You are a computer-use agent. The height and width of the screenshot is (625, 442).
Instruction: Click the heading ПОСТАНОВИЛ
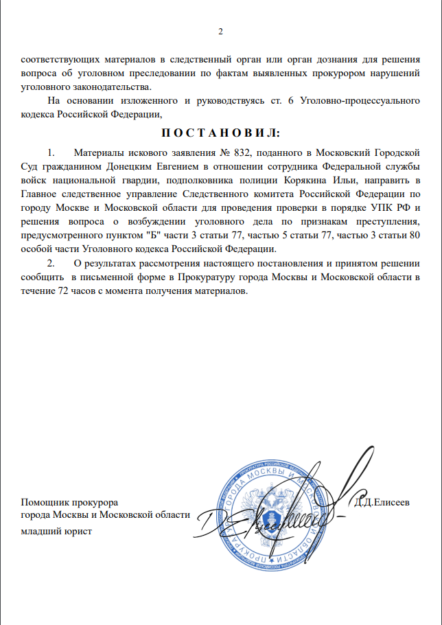tap(220, 131)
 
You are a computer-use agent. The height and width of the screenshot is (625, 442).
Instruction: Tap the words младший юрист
tap(56, 531)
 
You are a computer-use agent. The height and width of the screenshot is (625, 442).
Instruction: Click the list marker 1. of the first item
tap(50, 150)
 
